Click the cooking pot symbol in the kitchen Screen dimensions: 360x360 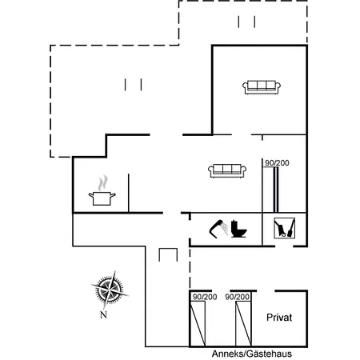(x=102, y=198)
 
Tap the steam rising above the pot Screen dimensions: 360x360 (x=102, y=182)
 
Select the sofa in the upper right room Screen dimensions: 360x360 (x=262, y=87)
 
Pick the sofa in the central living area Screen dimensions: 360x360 (x=227, y=170)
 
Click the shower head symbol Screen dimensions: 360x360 (x=218, y=229)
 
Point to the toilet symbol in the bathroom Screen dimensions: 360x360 (x=238, y=229)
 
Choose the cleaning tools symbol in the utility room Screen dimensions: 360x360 (x=284, y=228)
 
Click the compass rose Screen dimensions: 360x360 (x=110, y=290)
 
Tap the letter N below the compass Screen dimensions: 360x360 (x=103, y=314)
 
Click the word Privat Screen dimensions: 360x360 (x=279, y=318)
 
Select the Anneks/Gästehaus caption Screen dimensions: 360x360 (x=252, y=354)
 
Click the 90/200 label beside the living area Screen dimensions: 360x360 (x=277, y=162)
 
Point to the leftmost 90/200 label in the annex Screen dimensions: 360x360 (x=205, y=297)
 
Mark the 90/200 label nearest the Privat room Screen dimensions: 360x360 (x=238, y=297)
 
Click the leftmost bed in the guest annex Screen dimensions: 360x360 (x=198, y=323)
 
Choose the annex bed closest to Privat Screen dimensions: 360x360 (x=243, y=323)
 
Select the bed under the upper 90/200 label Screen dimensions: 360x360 (x=270, y=190)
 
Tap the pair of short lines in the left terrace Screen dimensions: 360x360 (x=133, y=85)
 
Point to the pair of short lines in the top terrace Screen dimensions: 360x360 (x=246, y=22)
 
